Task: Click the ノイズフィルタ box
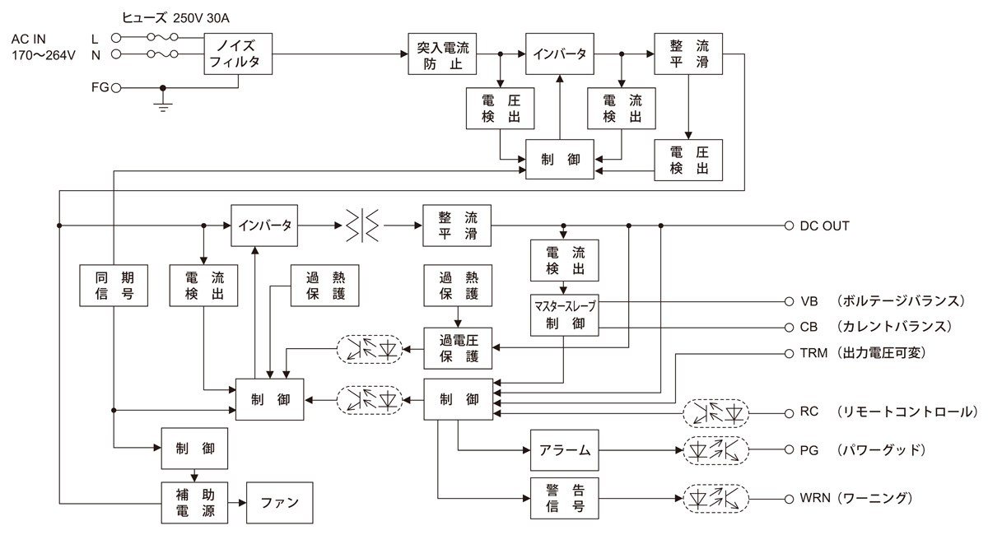(238, 54)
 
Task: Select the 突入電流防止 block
(444, 54)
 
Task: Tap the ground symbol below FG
(164, 104)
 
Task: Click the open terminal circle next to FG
(116, 87)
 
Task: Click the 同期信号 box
(114, 285)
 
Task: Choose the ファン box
(279, 501)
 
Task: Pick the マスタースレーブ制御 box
(563, 314)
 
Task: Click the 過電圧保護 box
(458, 347)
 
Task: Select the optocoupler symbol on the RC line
(715, 411)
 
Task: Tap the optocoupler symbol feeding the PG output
(715, 450)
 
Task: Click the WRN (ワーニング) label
(856, 498)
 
